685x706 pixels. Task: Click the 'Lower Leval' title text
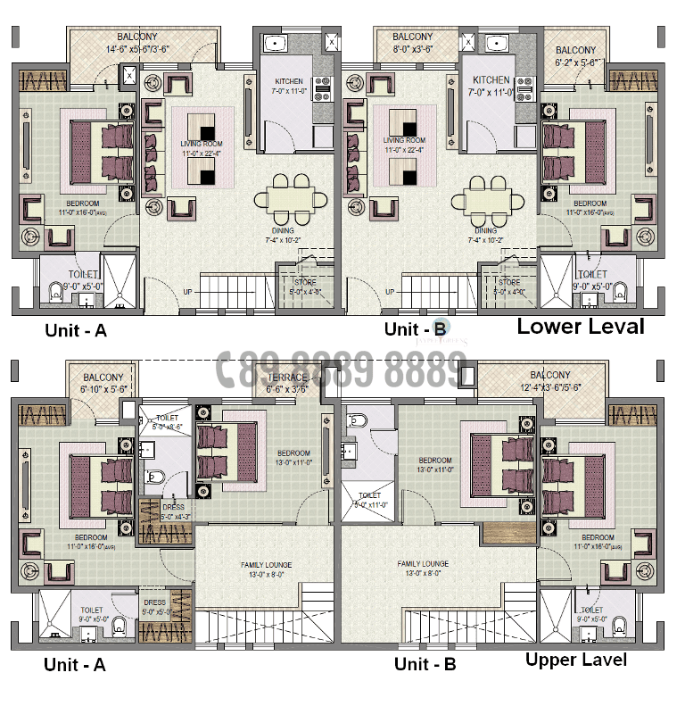[580, 327]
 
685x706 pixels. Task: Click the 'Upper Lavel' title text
[575, 660]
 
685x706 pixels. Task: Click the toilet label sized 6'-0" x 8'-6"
[167, 422]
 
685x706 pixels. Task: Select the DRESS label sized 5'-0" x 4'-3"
[173, 511]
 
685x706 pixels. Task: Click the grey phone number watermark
[342, 369]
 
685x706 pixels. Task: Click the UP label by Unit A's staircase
[187, 292]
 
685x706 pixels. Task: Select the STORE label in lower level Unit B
[509, 287]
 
